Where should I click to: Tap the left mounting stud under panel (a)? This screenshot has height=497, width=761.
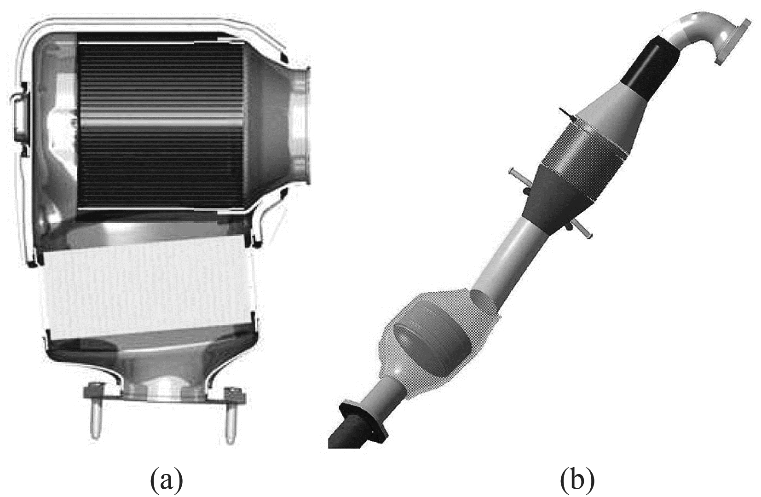tap(96, 422)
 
